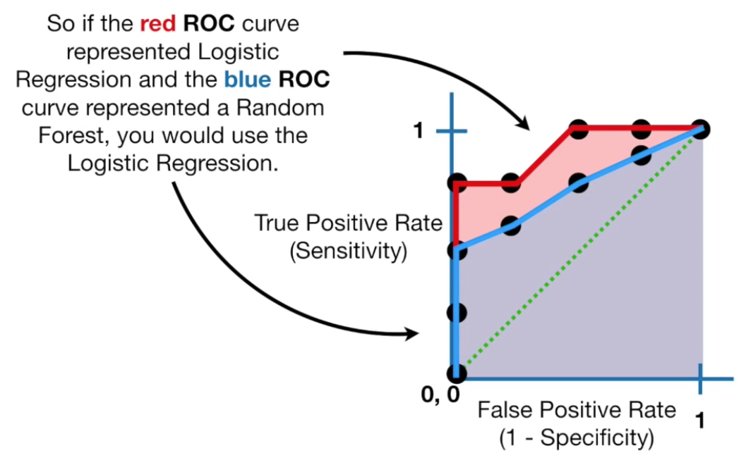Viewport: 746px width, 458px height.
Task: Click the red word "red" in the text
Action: (x=157, y=24)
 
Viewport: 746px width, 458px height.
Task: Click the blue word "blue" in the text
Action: (x=248, y=80)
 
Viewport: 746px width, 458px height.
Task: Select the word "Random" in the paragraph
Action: (x=279, y=108)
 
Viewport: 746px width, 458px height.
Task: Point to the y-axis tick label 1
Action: (x=419, y=130)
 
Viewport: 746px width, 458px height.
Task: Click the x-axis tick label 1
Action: (x=699, y=420)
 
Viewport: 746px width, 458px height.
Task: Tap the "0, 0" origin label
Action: (x=440, y=395)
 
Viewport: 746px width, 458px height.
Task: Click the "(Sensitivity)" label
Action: (x=348, y=251)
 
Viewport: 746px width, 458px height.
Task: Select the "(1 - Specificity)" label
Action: (x=577, y=438)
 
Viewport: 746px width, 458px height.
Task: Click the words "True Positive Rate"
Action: (x=348, y=223)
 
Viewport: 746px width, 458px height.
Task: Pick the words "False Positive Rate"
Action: (x=577, y=409)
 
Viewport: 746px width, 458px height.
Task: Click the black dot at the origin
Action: (x=457, y=373)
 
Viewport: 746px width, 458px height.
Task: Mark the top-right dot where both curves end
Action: (x=700, y=129)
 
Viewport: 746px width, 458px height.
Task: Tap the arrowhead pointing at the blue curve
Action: (x=411, y=333)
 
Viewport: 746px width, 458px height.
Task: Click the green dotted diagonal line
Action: (x=579, y=251)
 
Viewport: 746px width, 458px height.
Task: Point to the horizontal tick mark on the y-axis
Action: (x=452, y=130)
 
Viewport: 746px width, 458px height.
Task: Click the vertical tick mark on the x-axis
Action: (x=700, y=379)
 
